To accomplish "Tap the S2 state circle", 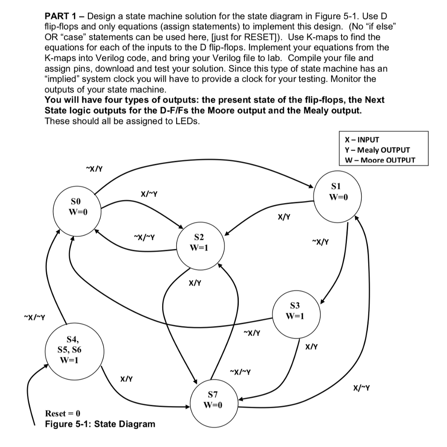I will tap(199, 243).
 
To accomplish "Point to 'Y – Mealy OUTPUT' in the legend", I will tap(377, 150).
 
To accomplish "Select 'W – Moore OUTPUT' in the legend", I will tap(380, 160).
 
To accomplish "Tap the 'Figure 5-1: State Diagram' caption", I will tap(100, 424).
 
